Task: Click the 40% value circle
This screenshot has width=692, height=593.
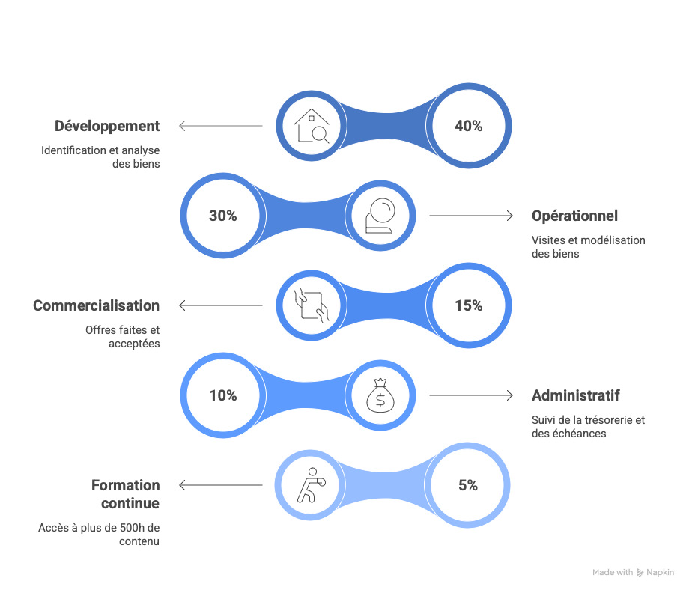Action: (469, 126)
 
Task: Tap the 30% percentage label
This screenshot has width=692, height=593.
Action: (223, 216)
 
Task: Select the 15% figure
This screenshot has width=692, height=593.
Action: (469, 305)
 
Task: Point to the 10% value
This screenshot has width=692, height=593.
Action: (223, 395)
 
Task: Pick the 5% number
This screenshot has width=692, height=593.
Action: (468, 485)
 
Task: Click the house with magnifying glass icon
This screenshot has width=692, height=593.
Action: (312, 126)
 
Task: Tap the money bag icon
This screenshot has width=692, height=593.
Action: (380, 395)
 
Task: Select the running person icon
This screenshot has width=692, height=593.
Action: (311, 485)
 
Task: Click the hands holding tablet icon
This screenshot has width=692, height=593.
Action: (312, 305)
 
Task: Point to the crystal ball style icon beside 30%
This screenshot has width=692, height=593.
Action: (380, 216)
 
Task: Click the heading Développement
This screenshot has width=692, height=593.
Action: (107, 127)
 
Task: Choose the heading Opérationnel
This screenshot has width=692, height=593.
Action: (574, 216)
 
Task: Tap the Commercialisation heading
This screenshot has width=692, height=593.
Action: (96, 305)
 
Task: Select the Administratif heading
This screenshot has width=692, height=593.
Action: (575, 395)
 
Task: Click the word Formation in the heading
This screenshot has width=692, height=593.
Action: (125, 485)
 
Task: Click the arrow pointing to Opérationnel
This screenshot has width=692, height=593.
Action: (471, 216)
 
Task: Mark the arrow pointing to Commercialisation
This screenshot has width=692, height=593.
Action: (221, 305)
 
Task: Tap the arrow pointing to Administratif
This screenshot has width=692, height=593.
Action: (471, 395)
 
